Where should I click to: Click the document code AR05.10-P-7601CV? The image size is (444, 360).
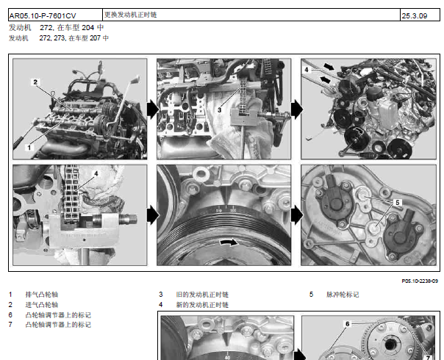(43, 16)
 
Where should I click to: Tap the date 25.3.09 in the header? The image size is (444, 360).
(415, 16)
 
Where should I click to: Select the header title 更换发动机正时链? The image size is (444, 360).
(130, 15)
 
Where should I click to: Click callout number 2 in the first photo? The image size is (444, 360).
(35, 82)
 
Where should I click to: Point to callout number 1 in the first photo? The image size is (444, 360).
(29, 148)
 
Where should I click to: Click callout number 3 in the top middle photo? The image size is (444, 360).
(220, 109)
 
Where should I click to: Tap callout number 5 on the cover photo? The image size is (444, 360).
(398, 203)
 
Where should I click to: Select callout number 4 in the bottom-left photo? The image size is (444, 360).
(96, 173)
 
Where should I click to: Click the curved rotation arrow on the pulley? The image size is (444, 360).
(229, 242)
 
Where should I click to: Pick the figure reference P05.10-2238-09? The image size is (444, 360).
(420, 281)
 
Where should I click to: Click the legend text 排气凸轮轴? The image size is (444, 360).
(42, 295)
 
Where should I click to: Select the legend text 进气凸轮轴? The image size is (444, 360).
(42, 305)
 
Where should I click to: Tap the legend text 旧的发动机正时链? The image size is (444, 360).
(202, 295)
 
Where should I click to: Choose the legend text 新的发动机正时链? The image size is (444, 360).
(202, 305)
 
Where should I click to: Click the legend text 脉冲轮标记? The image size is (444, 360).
(343, 295)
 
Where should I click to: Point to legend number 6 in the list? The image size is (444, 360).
(10, 314)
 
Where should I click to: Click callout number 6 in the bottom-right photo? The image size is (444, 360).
(348, 324)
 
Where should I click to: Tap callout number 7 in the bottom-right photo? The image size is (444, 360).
(428, 358)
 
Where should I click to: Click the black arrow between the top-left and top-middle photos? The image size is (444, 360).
(153, 109)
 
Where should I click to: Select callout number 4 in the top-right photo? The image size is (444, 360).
(307, 70)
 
